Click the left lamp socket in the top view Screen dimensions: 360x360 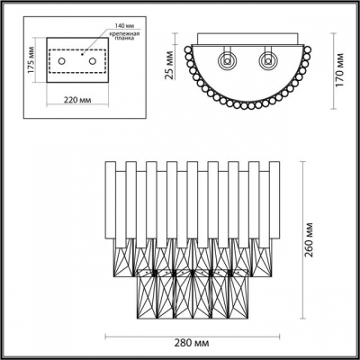229,63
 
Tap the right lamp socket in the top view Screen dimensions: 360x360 267,63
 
